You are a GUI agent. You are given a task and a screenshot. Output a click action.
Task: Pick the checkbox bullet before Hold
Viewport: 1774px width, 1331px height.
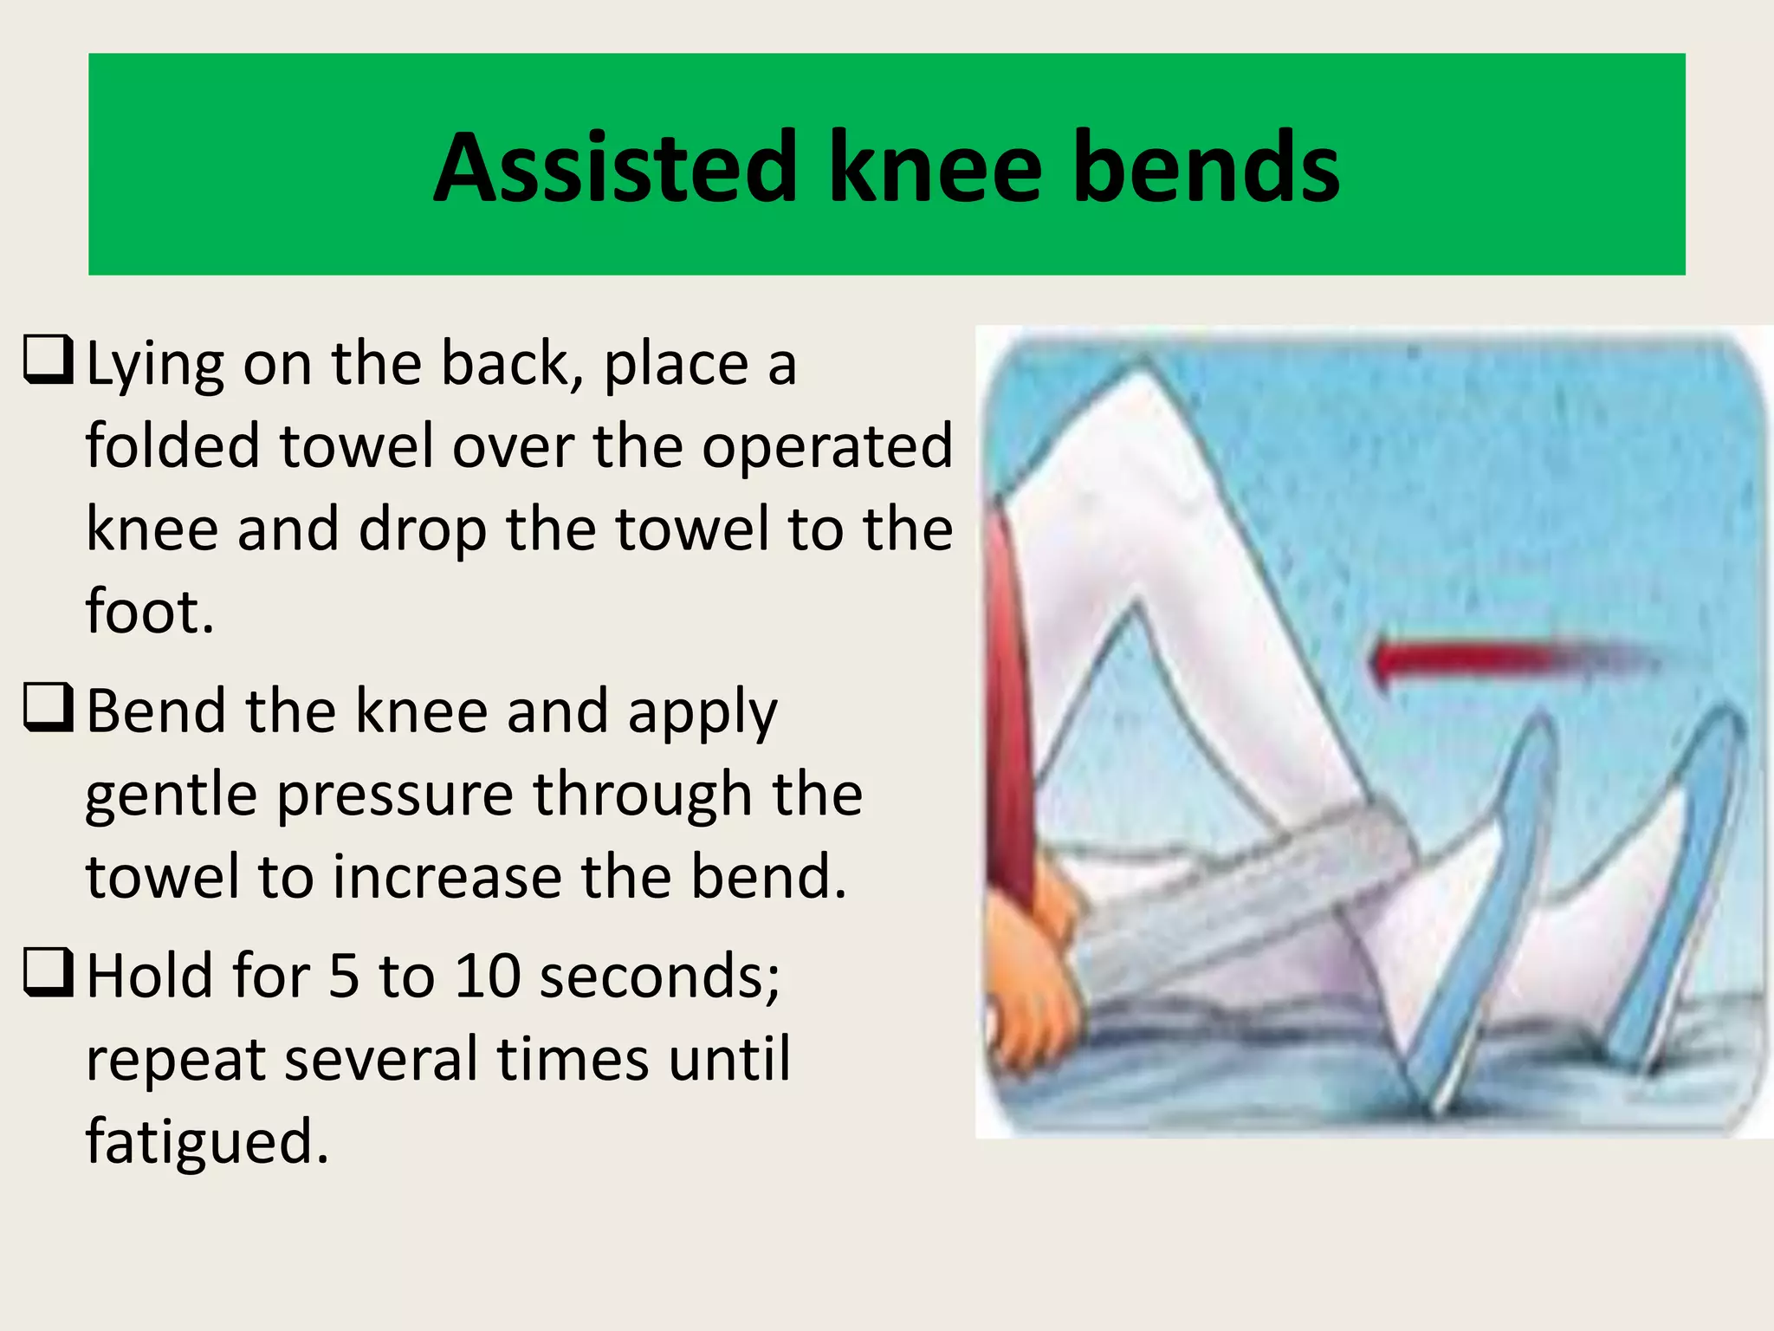pyautogui.click(x=48, y=972)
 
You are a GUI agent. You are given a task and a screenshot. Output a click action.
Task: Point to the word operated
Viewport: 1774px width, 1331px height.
pyautogui.click(x=827, y=447)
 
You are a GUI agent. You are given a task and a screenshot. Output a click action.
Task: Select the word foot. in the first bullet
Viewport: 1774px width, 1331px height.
pyautogui.click(x=149, y=611)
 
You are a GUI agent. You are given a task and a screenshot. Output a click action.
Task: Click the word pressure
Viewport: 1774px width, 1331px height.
pyautogui.click(x=395, y=795)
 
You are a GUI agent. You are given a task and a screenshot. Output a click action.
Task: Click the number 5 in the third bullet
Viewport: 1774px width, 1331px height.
pyautogui.click(x=343, y=976)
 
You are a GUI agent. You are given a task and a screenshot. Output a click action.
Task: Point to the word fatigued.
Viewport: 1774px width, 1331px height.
pyautogui.click(x=207, y=1142)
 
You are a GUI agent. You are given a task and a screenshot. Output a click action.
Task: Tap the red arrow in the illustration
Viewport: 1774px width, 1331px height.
pyautogui.click(x=1499, y=659)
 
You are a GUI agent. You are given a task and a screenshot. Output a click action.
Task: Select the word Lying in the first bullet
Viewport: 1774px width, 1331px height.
pyautogui.click(x=155, y=364)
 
